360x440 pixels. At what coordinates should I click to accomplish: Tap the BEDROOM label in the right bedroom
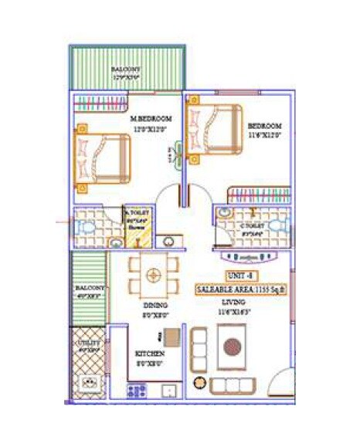[264, 126]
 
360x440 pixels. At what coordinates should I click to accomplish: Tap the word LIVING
[234, 302]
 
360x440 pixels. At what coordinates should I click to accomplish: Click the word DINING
[155, 306]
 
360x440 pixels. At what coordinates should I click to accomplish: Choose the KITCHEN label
[150, 354]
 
